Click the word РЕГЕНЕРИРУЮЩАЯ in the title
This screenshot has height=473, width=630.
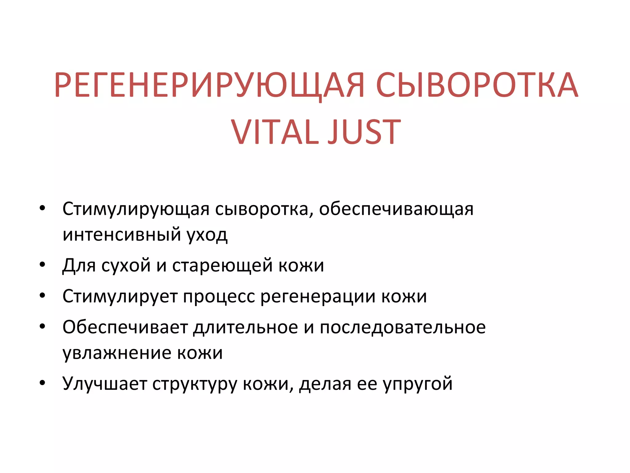coord(209,85)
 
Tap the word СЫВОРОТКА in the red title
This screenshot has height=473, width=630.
coord(477,85)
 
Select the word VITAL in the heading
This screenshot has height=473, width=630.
coord(275,132)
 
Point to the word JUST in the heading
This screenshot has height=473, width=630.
coord(364,132)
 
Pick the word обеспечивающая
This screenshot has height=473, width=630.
coord(396,209)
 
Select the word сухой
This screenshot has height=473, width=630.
coord(126,265)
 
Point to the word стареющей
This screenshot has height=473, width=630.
coord(222,265)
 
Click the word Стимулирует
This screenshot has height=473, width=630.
coord(120,297)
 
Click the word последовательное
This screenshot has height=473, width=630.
coord(403,327)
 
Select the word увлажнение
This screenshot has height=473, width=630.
coord(117,353)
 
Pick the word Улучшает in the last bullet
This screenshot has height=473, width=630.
coord(105,384)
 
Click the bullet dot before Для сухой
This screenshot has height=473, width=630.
coord(42,265)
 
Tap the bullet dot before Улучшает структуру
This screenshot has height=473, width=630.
coord(42,383)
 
